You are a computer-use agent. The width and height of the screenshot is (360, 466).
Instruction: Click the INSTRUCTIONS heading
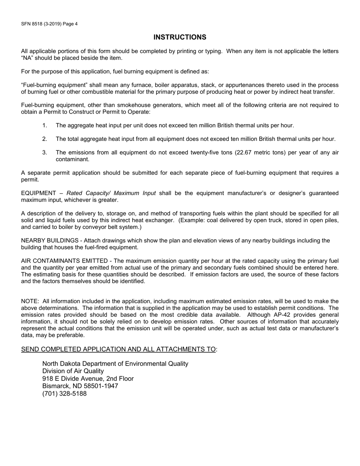point(180,37)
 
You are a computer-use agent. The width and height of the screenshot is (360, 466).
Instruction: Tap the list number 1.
point(44,125)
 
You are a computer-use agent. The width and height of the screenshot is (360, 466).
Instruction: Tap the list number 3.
point(44,153)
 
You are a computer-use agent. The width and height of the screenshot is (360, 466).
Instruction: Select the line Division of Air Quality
point(73,371)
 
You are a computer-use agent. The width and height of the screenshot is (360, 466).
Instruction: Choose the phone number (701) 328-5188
point(64,394)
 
